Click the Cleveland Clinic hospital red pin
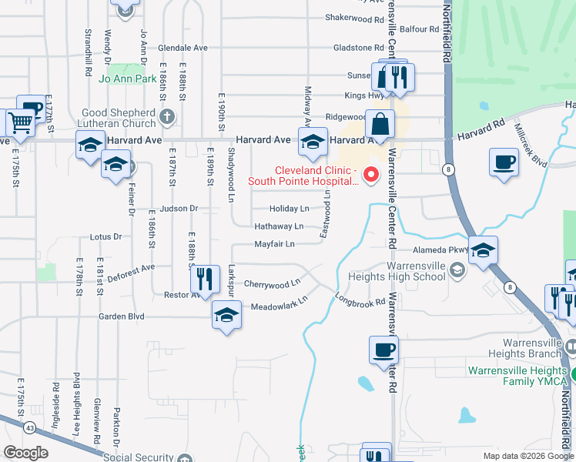coord(371,175)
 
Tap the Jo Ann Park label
coord(128,79)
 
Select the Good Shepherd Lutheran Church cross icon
coord(167,118)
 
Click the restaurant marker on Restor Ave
coord(204,278)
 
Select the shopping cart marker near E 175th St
coord(19,122)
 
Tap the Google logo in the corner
coord(25,453)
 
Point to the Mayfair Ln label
coord(274,245)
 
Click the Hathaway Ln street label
coord(279,226)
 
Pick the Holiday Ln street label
coord(289,209)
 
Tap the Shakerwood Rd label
coord(354,17)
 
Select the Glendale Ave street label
coord(184,48)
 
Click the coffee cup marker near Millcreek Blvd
coord(504,162)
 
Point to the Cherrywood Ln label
coord(272,284)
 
